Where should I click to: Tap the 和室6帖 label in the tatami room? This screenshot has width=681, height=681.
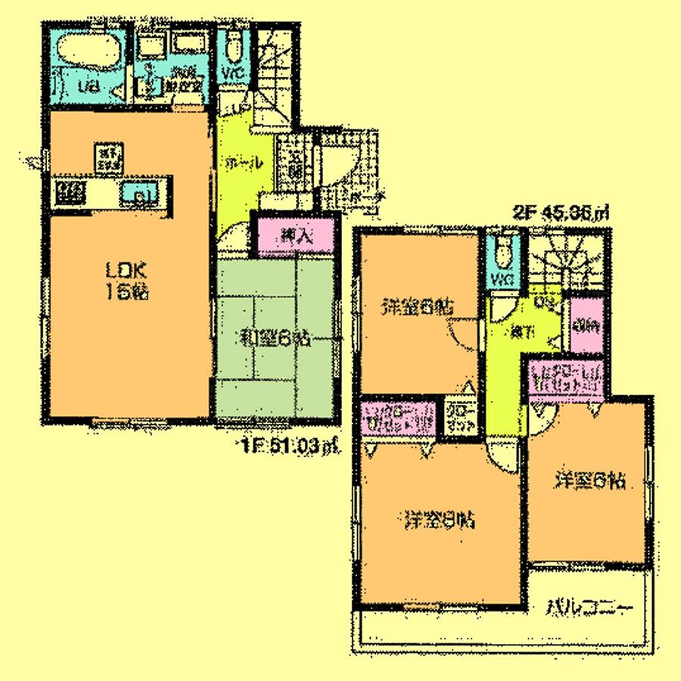[275, 337]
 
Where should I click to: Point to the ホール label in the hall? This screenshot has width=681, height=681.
[242, 161]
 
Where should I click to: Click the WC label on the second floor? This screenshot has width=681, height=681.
[502, 280]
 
